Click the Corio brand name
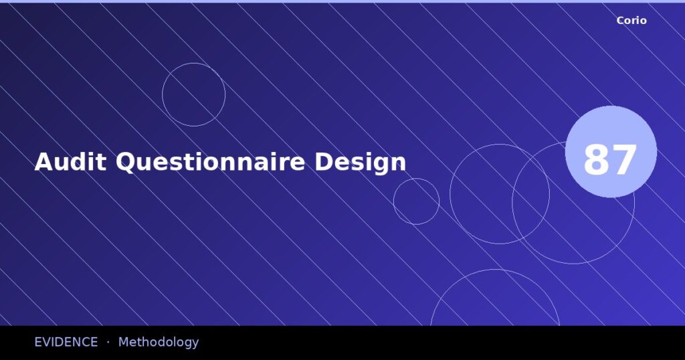pyautogui.click(x=631, y=21)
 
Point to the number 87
pyautogui.click(x=610, y=161)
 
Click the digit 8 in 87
pyautogui.click(x=597, y=161)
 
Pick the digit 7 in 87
pyautogui.click(x=624, y=161)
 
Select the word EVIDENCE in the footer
pyautogui.click(x=66, y=342)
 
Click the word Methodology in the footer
pyautogui.click(x=159, y=342)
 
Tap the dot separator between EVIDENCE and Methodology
pyautogui.click(x=108, y=342)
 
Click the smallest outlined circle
pyautogui.click(x=416, y=201)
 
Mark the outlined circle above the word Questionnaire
pyautogui.click(x=193, y=94)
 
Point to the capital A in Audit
pyautogui.click(x=43, y=163)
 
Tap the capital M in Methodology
pyautogui.click(x=124, y=342)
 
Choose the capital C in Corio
pyautogui.click(x=621, y=21)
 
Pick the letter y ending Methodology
pyautogui.click(x=195, y=343)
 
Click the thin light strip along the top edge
pyautogui.click(x=342, y=1)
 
